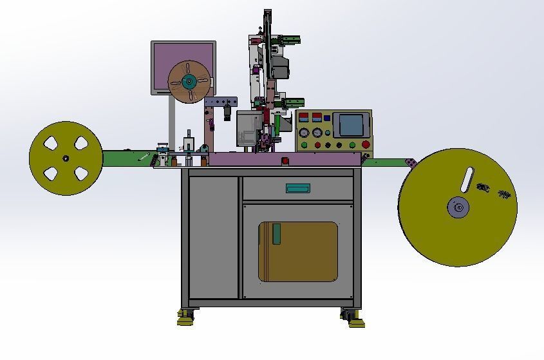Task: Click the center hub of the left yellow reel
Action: (65, 158)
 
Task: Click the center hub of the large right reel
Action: (458, 207)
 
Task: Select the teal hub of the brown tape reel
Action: (189, 81)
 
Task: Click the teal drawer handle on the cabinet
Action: (298, 188)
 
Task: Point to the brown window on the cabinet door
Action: (298, 252)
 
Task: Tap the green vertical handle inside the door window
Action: (276, 234)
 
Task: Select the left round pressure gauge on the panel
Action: (303, 133)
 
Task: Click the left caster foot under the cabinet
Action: (187, 317)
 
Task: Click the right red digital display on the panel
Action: (316, 118)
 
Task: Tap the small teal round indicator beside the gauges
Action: (327, 133)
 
